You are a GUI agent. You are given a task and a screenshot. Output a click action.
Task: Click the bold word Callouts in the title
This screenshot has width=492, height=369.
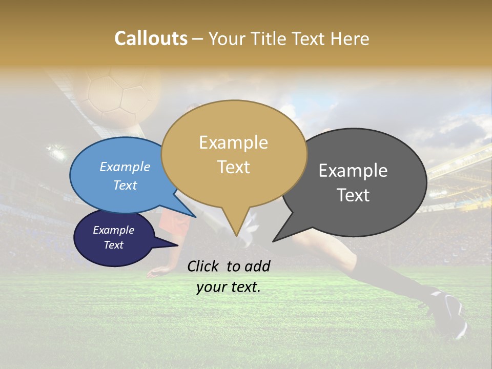coord(151,38)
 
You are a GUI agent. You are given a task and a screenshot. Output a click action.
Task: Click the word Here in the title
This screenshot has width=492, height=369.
coord(348,38)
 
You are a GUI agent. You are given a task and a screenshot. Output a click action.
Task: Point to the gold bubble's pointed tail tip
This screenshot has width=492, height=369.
coord(236,236)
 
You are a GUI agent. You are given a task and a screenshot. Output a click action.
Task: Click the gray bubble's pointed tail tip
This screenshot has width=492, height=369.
coord(273,241)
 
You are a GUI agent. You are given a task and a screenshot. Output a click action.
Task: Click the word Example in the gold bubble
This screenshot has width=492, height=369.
coord(234,142)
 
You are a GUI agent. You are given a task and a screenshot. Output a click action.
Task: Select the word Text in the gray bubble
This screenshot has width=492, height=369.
coord(353,195)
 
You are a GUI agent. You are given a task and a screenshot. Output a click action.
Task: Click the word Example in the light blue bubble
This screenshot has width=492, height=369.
coord(125,167)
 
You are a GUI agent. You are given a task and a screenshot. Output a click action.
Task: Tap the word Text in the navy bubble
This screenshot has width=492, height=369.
coord(114,245)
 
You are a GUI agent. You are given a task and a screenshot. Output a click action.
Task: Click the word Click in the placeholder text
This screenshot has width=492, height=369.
coord(204,266)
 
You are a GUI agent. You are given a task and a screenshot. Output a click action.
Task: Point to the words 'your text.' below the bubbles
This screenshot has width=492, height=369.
coord(229,287)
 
